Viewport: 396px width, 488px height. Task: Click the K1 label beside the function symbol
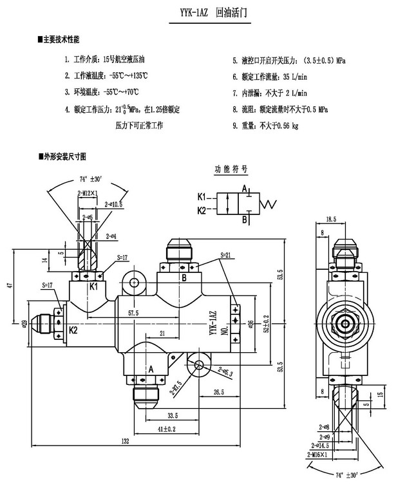coord(202,197)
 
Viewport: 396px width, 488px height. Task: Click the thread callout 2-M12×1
coord(88,192)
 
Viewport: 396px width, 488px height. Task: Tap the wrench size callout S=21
coord(225,256)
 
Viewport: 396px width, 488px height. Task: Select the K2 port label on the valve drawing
coord(55,330)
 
